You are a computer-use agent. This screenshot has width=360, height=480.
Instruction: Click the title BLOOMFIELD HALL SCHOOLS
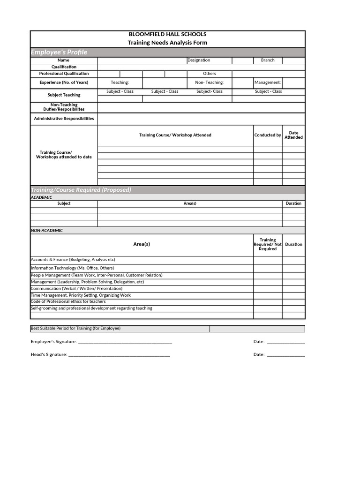(x=167, y=34)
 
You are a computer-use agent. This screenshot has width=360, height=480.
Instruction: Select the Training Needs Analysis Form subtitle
(x=167, y=43)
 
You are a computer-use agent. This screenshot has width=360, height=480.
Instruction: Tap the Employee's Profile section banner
(x=59, y=52)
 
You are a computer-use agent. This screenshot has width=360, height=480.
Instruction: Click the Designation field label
(x=199, y=60)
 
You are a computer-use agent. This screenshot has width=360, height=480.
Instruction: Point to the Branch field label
(x=268, y=60)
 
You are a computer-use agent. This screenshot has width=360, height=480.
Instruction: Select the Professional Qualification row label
(x=64, y=74)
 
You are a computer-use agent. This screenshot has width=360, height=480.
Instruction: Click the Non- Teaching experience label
(x=209, y=82)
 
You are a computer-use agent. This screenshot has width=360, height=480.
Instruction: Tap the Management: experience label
(x=268, y=82)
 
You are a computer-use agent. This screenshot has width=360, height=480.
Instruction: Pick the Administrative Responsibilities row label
(x=64, y=119)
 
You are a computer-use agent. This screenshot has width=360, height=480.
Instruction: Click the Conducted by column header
(x=268, y=135)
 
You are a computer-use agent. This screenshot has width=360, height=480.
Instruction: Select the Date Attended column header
(x=293, y=135)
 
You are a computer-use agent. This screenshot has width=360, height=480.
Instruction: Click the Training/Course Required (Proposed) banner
(x=81, y=190)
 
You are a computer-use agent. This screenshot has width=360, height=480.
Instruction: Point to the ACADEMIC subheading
(x=42, y=198)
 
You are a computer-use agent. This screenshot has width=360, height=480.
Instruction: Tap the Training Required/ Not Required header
(x=268, y=244)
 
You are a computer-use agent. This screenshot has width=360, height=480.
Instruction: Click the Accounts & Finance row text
(x=73, y=260)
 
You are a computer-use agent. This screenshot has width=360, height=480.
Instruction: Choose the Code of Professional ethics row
(x=68, y=302)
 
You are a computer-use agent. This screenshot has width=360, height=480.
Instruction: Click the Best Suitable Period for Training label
(x=75, y=329)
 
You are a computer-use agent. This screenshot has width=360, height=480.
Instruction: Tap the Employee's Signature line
(x=125, y=342)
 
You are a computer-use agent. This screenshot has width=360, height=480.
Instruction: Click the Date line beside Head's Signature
(x=285, y=355)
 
